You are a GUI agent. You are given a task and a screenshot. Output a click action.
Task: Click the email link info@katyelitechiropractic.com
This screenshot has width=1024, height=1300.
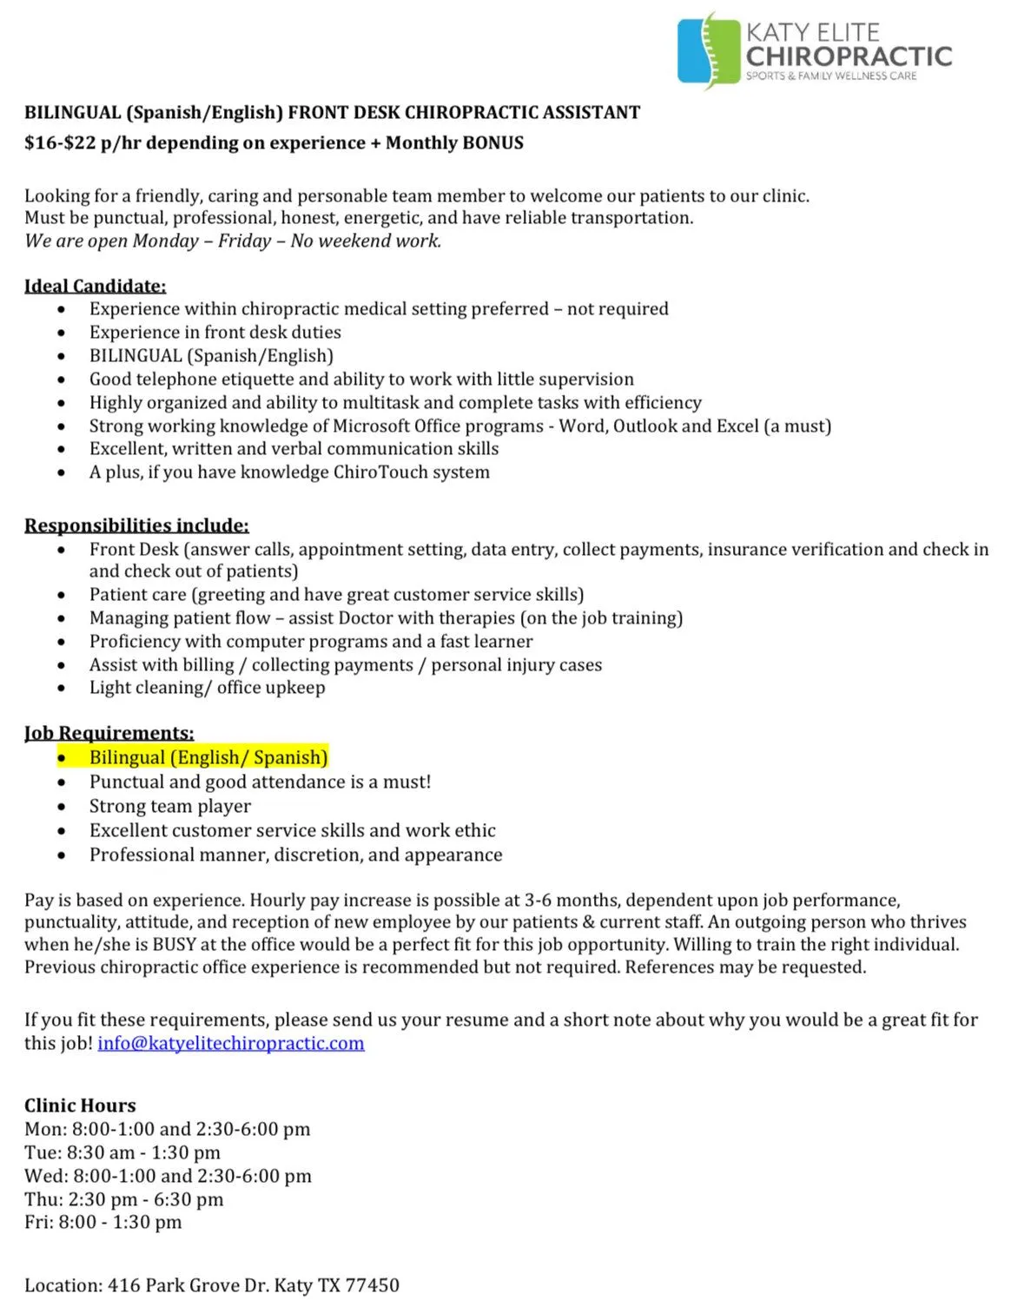[231, 1043]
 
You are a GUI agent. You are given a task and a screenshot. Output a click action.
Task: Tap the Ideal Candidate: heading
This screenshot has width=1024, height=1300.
[95, 286]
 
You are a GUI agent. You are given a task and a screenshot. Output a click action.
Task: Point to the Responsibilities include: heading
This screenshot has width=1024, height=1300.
[136, 525]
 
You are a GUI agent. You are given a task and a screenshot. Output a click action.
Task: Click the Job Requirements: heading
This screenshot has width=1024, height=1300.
[109, 733]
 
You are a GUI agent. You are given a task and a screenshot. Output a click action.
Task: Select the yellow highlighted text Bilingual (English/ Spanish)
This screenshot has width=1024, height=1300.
[208, 757]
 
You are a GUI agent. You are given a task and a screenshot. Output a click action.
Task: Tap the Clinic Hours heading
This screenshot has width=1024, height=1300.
[80, 1105]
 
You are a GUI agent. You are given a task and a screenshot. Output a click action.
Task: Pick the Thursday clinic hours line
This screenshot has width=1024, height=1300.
[123, 1199]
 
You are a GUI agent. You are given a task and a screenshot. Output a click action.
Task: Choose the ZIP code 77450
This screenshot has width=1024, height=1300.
[373, 1285]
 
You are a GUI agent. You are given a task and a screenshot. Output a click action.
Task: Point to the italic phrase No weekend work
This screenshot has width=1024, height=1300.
[366, 241]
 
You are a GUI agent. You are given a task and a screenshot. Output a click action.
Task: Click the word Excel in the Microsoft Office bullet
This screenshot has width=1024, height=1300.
[737, 426]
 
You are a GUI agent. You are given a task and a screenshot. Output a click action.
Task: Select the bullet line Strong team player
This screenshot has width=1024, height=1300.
[169, 806]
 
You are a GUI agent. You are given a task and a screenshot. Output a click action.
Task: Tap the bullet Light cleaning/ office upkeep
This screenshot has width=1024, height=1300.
[207, 688]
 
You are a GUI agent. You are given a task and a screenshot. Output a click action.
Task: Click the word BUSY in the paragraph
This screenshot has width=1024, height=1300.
[174, 945]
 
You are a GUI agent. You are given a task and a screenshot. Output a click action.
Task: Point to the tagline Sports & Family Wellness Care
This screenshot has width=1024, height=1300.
[831, 76]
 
